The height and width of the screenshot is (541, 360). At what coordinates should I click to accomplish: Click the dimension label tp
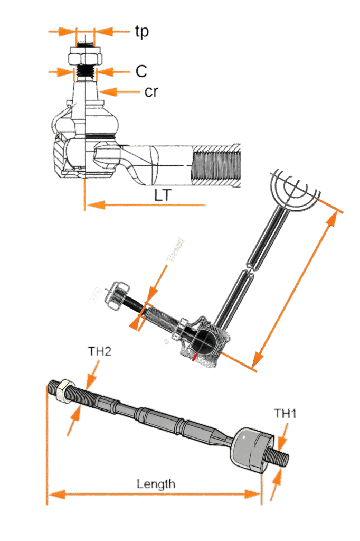141,32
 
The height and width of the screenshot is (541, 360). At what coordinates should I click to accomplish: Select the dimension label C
141,71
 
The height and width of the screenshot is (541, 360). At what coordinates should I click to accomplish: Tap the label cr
151,92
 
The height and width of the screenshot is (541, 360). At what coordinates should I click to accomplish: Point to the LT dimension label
162,195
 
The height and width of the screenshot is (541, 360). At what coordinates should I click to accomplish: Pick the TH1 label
285,413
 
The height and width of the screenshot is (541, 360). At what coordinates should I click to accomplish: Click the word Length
156,483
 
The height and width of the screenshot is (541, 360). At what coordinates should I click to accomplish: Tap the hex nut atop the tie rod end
85,55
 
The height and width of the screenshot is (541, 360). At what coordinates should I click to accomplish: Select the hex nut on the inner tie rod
64,391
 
